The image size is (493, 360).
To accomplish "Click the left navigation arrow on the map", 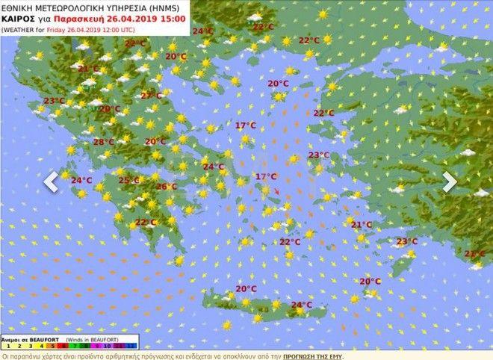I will tap(51, 181).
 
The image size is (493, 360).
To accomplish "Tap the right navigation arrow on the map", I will tap(450, 181).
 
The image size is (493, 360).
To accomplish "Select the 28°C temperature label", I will tap(104, 142).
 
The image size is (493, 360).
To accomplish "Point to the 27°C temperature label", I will tap(151, 96).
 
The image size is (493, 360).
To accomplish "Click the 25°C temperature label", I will tap(128, 180).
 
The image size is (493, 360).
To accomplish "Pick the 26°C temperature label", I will tap(166, 187).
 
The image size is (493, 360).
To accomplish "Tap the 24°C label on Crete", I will tap(301, 305).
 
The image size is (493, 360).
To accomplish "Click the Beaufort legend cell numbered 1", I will tap(7, 346).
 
